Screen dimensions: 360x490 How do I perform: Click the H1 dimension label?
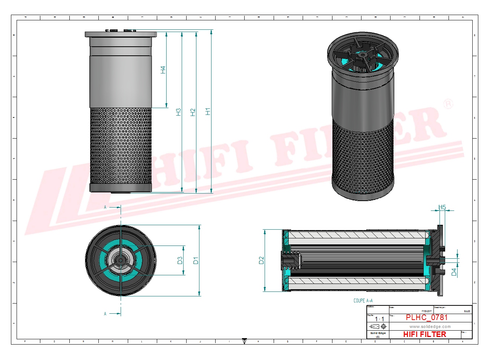(x=208, y=111)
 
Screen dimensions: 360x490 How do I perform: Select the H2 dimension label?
(x=193, y=112)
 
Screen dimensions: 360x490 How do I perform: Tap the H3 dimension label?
(x=178, y=112)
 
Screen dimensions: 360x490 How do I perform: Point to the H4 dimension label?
(x=163, y=70)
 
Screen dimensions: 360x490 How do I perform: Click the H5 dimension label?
(x=442, y=207)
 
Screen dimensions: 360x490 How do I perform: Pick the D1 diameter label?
(x=196, y=260)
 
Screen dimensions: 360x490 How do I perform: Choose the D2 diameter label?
(x=261, y=260)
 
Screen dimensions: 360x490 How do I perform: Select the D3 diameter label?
(x=180, y=260)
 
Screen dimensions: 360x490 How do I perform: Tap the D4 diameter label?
(x=454, y=272)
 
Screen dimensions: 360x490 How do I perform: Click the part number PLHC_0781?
(x=426, y=317)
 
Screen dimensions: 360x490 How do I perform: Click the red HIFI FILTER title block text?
(x=424, y=334)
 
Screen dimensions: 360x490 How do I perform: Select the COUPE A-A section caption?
(x=363, y=301)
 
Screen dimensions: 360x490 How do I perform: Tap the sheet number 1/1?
(x=379, y=319)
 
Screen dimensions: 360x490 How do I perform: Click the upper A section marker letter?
(x=105, y=207)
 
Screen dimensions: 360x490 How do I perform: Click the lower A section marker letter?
(x=105, y=314)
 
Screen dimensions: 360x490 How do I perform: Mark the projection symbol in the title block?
(x=378, y=326)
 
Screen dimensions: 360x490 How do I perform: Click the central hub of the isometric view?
(x=362, y=55)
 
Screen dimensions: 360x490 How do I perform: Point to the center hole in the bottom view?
(x=120, y=260)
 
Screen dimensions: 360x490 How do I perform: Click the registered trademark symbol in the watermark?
(x=448, y=104)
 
